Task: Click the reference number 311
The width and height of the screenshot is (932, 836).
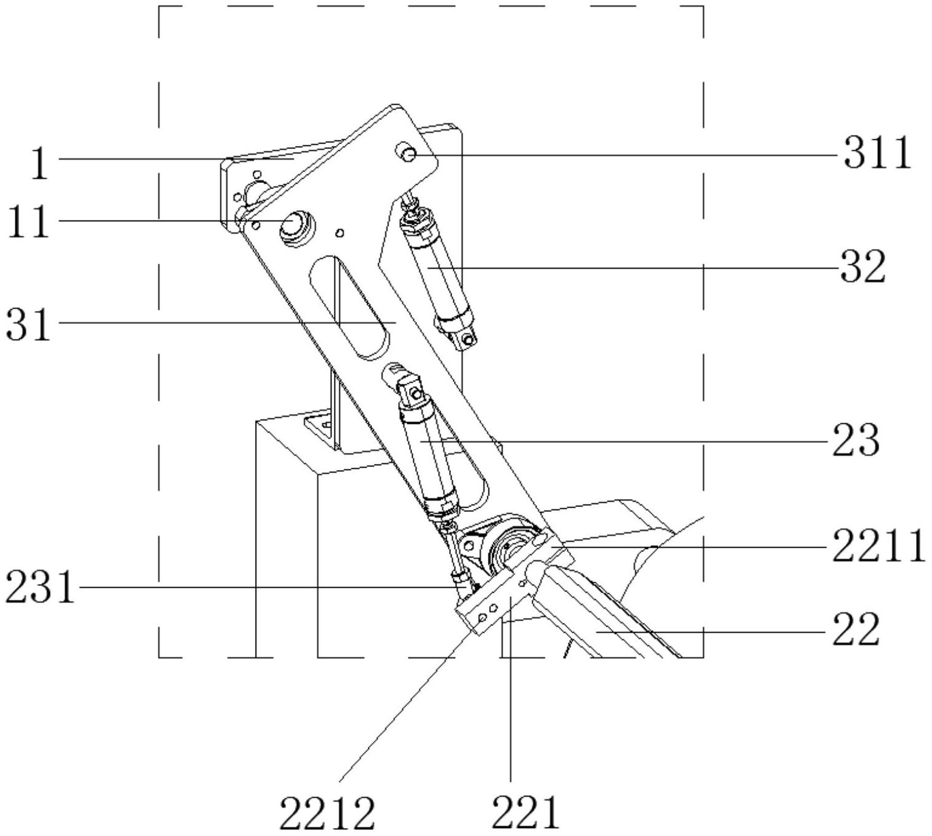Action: point(877,153)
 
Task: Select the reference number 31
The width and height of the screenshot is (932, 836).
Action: point(28,324)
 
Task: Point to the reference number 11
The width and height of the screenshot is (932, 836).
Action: point(28,221)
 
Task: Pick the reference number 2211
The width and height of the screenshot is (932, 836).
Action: point(878,546)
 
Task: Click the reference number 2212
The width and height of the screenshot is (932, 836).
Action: point(327,813)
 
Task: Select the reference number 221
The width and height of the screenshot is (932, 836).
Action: point(525,813)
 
